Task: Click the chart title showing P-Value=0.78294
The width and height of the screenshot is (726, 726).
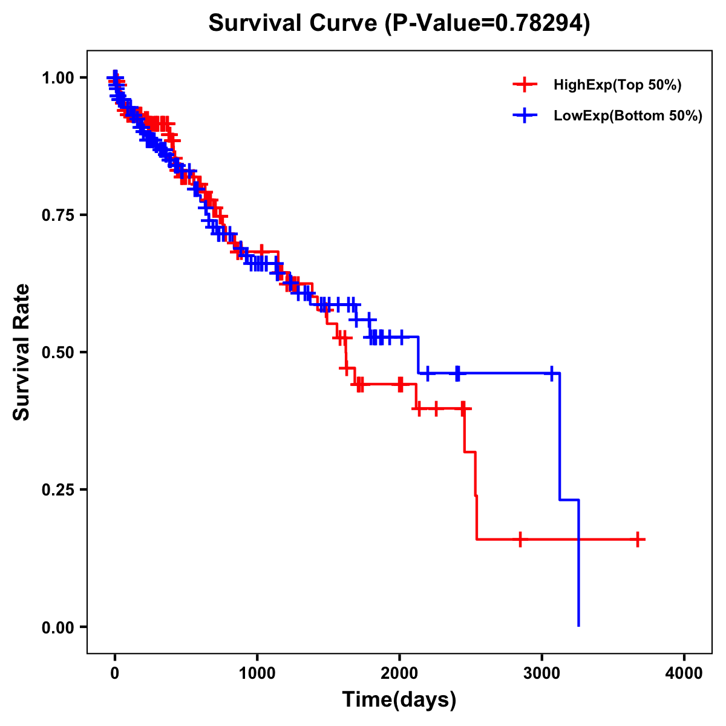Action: click(x=399, y=23)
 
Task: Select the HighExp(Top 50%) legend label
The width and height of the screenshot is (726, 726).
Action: click(x=618, y=85)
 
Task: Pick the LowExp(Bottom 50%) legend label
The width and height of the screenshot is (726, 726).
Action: click(x=628, y=116)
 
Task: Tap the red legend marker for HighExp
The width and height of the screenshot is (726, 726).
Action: click(x=525, y=85)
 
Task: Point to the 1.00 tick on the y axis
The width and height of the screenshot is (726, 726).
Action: click(x=58, y=78)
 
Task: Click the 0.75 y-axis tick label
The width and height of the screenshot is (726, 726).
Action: click(x=58, y=215)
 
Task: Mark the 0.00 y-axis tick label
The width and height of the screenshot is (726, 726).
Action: click(x=58, y=627)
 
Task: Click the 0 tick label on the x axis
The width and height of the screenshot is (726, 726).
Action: click(x=115, y=673)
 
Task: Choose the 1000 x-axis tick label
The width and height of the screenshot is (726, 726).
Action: click(x=257, y=673)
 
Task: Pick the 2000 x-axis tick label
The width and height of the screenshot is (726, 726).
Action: click(x=399, y=673)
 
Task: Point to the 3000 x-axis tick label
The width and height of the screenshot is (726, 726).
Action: click(x=542, y=673)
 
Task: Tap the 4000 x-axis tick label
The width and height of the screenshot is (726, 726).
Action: click(x=684, y=673)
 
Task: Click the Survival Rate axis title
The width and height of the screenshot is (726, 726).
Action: click(x=22, y=352)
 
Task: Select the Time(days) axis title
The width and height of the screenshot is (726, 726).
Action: click(x=399, y=700)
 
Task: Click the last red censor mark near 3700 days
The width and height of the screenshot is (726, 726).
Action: click(x=638, y=539)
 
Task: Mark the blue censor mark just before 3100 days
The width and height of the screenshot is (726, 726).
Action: click(x=552, y=373)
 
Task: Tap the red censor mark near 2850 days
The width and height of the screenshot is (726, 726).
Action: click(x=520, y=539)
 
